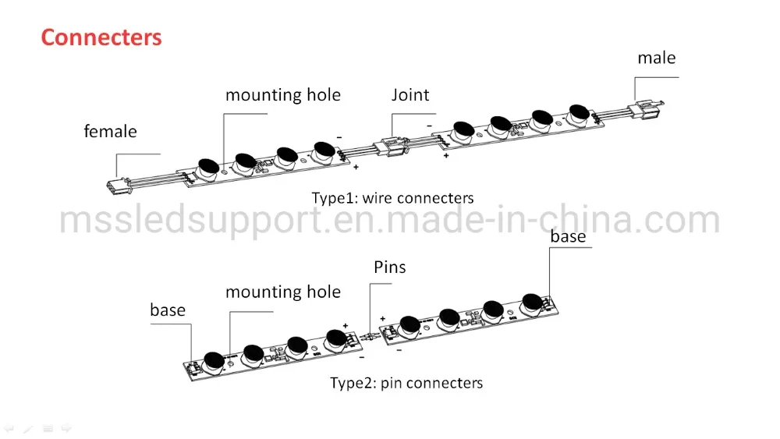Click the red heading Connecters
[101, 37]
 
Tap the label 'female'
[110, 132]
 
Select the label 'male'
[657, 58]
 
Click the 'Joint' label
[410, 95]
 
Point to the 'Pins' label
[390, 267]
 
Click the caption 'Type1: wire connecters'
[392, 198]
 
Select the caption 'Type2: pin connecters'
[406, 383]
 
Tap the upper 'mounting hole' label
[283, 95]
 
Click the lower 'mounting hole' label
[283, 292]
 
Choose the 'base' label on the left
[168, 310]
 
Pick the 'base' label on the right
[568, 236]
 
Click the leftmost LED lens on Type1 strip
[208, 166]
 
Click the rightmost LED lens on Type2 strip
[532, 302]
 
